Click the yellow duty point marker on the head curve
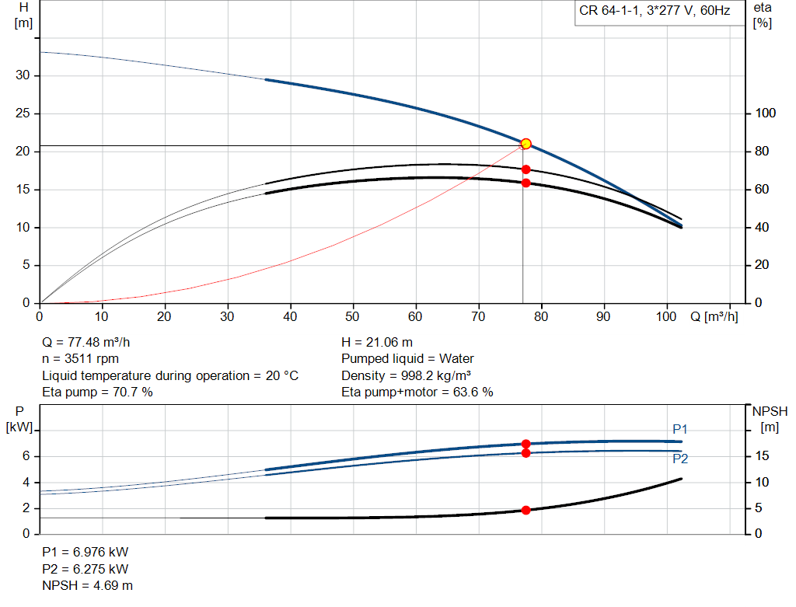coord(525,144)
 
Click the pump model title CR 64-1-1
coord(653,11)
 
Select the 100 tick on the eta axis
coord(766,113)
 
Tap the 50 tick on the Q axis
coord(353,317)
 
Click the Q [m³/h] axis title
coord(714,317)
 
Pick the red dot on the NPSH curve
coord(525,510)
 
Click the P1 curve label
coord(680,429)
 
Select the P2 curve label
coord(680,459)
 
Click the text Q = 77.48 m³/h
coord(92,342)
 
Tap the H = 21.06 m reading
coord(377,342)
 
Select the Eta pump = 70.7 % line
coord(97,392)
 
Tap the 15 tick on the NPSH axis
coord(763,456)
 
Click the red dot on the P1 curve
coord(525,444)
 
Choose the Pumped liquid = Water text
coord(407,358)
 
